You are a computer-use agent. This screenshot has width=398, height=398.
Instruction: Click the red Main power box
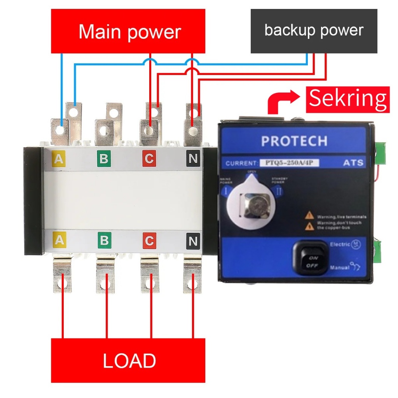pos(128,31)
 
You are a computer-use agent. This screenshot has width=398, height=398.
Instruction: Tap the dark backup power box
pos(314,31)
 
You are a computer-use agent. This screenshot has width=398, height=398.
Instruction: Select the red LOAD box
pos(128,360)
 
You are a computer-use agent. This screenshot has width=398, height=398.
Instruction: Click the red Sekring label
pos(348,99)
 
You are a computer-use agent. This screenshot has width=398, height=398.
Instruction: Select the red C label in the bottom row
pos(149,241)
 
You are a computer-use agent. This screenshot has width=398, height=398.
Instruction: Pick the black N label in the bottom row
pos(193,241)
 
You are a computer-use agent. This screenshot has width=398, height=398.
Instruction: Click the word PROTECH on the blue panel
pos(294,141)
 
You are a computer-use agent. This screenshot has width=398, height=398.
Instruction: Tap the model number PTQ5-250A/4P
pos(292,163)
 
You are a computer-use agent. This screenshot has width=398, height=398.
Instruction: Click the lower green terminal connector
pos(377,251)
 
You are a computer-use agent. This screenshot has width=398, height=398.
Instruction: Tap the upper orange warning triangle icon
pos(309,215)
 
